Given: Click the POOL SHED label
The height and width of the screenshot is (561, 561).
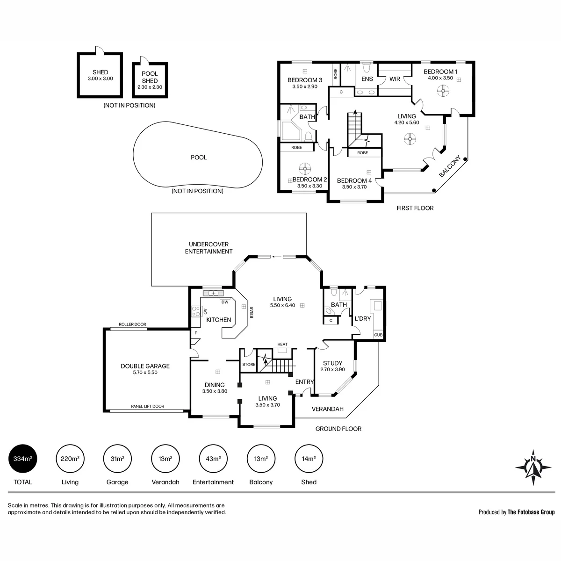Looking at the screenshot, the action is (x=150, y=77).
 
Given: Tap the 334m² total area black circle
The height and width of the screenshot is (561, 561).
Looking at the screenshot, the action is (x=23, y=459).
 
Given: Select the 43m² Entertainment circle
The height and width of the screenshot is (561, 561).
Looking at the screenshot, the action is (x=213, y=459).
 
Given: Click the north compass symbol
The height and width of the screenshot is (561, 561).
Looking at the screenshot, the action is (x=533, y=467).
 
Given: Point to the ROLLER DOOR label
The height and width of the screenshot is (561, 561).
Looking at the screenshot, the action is (x=132, y=324).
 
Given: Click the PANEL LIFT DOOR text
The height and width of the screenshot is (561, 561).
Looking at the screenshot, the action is (x=148, y=406).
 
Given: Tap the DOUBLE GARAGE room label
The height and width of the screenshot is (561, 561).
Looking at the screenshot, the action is (x=145, y=366).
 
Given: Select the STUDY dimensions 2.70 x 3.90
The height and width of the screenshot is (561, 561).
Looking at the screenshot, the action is (x=332, y=369).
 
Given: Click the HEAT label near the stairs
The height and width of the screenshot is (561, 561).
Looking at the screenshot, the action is (x=282, y=344).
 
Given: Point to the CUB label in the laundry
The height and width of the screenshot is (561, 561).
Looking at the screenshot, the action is (x=378, y=335).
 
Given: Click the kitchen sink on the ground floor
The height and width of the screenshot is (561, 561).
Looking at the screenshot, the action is (x=213, y=293).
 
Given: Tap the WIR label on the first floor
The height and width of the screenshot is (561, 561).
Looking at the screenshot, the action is (x=395, y=79).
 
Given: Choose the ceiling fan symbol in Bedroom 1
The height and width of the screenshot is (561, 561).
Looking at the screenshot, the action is (x=443, y=91).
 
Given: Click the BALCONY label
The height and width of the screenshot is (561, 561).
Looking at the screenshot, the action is (x=450, y=166).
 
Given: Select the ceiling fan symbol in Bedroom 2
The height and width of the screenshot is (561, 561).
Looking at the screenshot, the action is (x=305, y=169).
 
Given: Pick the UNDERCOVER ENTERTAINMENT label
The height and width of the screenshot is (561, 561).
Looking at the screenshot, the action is (x=209, y=248).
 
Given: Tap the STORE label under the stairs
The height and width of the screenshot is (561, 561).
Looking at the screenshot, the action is (x=249, y=364).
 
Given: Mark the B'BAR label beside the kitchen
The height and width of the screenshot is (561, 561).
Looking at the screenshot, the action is (x=252, y=312).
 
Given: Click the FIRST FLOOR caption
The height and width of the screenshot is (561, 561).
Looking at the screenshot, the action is (x=415, y=208).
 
